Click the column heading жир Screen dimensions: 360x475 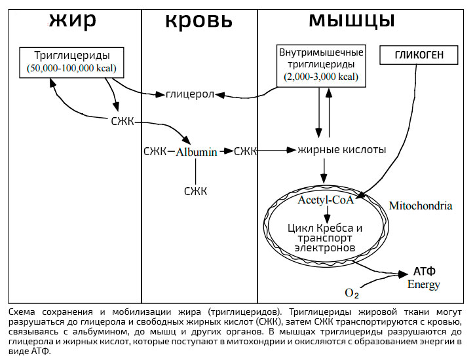pos(72,20)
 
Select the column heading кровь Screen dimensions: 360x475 pos(198,20)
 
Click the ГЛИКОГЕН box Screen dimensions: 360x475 pos(419,55)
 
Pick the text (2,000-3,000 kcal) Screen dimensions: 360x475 pos(321,77)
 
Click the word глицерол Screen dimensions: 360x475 pos(190,94)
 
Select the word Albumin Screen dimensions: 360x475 pos(196,152)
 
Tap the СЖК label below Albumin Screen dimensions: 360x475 pos(195,191)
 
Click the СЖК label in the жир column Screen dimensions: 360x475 pos(123,122)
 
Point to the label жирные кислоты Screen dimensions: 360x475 pos(341,150)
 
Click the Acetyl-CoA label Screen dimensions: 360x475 pos(325,200)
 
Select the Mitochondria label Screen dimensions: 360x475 pos(420,206)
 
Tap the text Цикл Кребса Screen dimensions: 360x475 pos(324,228)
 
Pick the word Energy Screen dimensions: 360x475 pos(424,284)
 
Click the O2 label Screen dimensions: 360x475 pos(352,293)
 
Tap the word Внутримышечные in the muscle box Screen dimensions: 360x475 pos(321,52)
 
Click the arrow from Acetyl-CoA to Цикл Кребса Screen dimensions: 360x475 pos(325,213)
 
